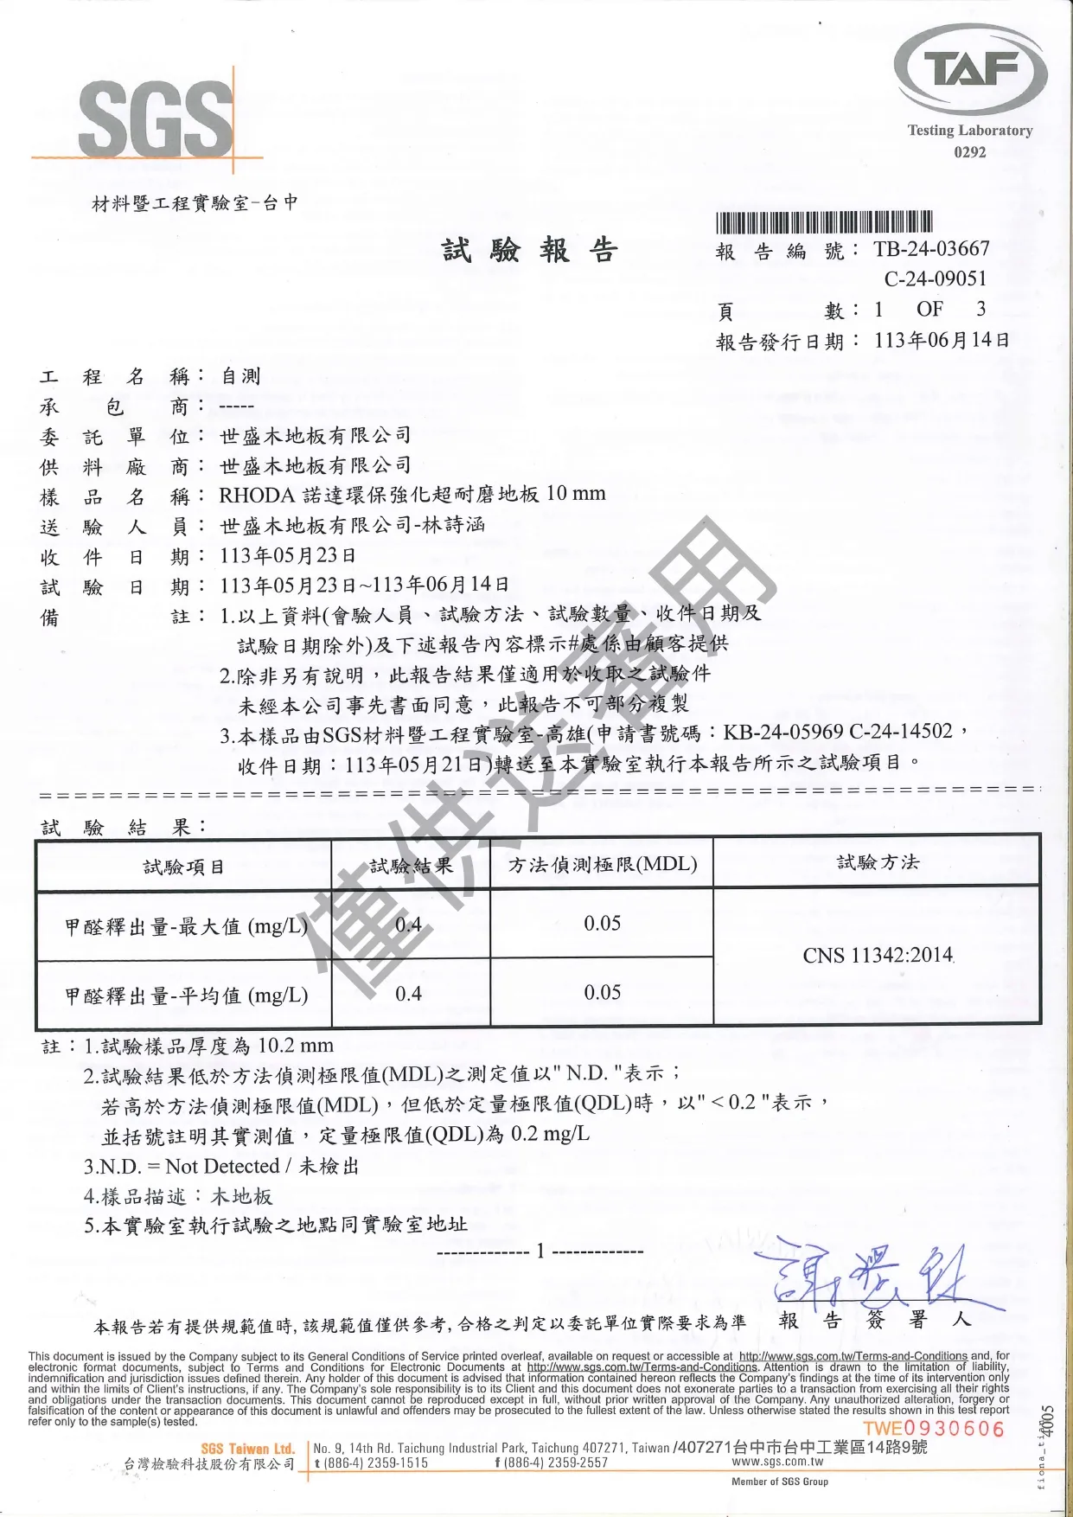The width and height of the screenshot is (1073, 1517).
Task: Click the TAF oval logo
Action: click(x=970, y=70)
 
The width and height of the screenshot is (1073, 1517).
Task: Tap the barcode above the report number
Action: click(x=824, y=222)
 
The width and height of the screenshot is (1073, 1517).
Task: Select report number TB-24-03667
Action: click(x=931, y=249)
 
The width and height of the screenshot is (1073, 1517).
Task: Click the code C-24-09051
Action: click(x=935, y=278)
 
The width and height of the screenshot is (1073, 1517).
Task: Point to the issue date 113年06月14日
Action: click(x=942, y=340)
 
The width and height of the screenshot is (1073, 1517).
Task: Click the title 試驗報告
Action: click(x=530, y=251)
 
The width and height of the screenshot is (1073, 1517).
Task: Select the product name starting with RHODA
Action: click(x=412, y=495)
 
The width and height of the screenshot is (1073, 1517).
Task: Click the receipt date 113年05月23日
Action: click(x=288, y=555)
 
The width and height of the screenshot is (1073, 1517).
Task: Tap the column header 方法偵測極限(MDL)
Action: click(x=602, y=864)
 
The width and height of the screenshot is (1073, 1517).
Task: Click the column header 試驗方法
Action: click(x=878, y=862)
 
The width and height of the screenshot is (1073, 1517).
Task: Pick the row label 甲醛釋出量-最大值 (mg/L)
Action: click(x=186, y=927)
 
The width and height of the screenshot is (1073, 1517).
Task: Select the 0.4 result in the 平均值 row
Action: click(x=408, y=994)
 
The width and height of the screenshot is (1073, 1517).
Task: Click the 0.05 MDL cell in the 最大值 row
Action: click(x=602, y=924)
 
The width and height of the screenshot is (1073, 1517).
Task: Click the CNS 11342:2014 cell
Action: click(x=878, y=956)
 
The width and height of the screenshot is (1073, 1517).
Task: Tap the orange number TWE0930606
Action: click(x=934, y=1429)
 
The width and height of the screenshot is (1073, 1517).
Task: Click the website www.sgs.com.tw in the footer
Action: click(x=777, y=1462)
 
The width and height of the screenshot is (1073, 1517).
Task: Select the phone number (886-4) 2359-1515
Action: click(x=372, y=1463)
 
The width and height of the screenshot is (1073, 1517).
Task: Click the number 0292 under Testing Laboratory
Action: click(x=969, y=152)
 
